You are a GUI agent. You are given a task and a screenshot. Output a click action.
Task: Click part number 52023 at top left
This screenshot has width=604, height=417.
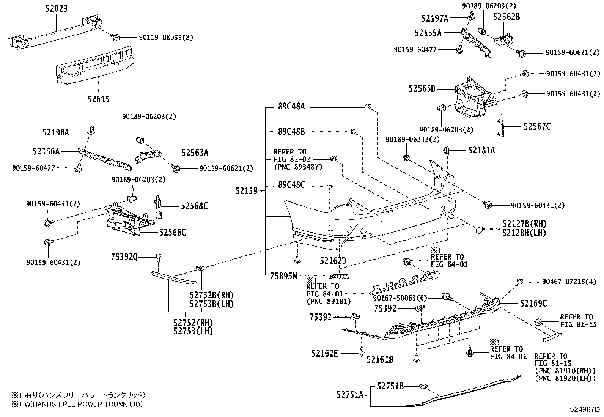pyautogui.click(x=57, y=8)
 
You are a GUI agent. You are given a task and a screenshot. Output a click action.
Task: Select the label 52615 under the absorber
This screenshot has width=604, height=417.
pyautogui.click(x=98, y=99)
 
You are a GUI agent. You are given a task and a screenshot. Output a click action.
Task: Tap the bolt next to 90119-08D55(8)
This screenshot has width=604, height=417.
pyautogui.click(x=116, y=37)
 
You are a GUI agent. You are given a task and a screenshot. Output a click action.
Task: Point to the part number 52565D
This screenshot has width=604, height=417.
pyautogui.click(x=422, y=89)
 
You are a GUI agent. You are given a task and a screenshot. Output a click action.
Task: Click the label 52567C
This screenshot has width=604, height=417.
pyautogui.click(x=537, y=127)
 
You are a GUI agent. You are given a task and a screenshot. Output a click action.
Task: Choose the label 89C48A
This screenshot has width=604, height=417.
pyautogui.click(x=291, y=107)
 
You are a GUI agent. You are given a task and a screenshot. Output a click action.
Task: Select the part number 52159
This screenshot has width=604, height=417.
pyautogui.click(x=247, y=191)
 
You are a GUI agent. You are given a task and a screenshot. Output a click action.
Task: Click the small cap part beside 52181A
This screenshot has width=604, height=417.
pyautogui.click(x=447, y=151)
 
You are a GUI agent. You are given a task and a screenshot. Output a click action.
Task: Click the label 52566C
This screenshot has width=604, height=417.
pyautogui.click(x=173, y=232)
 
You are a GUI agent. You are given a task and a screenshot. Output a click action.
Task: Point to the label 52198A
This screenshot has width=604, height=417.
pyautogui.click(x=55, y=132)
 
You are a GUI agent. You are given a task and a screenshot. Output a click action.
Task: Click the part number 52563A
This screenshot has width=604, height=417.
pyautogui.click(x=195, y=153)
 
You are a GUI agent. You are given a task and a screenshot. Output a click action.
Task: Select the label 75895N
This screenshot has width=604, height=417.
pyautogui.click(x=283, y=276)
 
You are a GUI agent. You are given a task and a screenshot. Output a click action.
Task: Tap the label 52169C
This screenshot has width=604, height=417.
pyautogui.click(x=533, y=303)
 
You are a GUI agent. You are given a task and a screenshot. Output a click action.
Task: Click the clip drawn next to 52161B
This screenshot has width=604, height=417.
pyautogui.click(x=417, y=359)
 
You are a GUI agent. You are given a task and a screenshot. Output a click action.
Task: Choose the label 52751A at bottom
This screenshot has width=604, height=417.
pyautogui.click(x=350, y=395)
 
